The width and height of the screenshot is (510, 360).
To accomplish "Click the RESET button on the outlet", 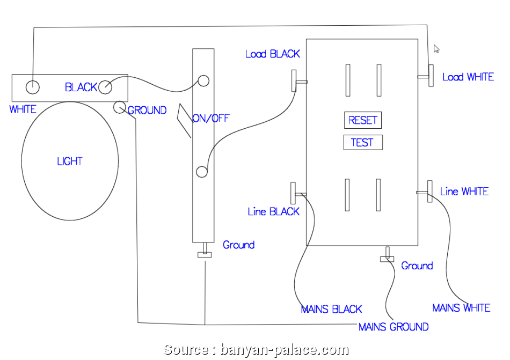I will pyautogui.click(x=363, y=120).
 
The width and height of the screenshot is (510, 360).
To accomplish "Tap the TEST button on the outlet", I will pyautogui.click(x=362, y=143).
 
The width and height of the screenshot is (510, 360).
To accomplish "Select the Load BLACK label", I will pyautogui.click(x=272, y=54).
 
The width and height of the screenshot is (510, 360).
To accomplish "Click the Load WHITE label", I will pyautogui.click(x=468, y=77).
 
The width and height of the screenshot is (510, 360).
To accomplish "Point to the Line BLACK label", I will pyautogui.click(x=273, y=212).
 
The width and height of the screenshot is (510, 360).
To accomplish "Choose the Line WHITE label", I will pyautogui.click(x=464, y=192).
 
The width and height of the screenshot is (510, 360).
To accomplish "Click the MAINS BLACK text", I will pyautogui.click(x=331, y=310).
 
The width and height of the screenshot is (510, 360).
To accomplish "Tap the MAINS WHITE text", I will pyautogui.click(x=461, y=308).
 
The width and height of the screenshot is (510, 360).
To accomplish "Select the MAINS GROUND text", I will pyautogui.click(x=393, y=327).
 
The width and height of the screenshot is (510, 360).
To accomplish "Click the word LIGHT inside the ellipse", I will pyautogui.click(x=70, y=161).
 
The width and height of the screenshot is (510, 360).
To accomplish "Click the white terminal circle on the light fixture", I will pyautogui.click(x=33, y=86).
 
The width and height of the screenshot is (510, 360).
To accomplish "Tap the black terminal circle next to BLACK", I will pyautogui.click(x=105, y=86).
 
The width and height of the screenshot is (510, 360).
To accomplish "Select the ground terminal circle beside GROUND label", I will pyautogui.click(x=119, y=107).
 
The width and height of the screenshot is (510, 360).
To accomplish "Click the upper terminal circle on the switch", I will pyautogui.click(x=203, y=81).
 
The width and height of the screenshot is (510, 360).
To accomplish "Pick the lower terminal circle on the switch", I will pyautogui.click(x=201, y=172).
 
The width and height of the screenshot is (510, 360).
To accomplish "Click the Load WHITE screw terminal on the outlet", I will pyautogui.click(x=431, y=76).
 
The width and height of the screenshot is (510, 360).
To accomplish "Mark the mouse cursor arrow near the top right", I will pyautogui.click(x=436, y=49).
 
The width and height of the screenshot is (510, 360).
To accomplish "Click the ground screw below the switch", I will pyautogui.click(x=205, y=254).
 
